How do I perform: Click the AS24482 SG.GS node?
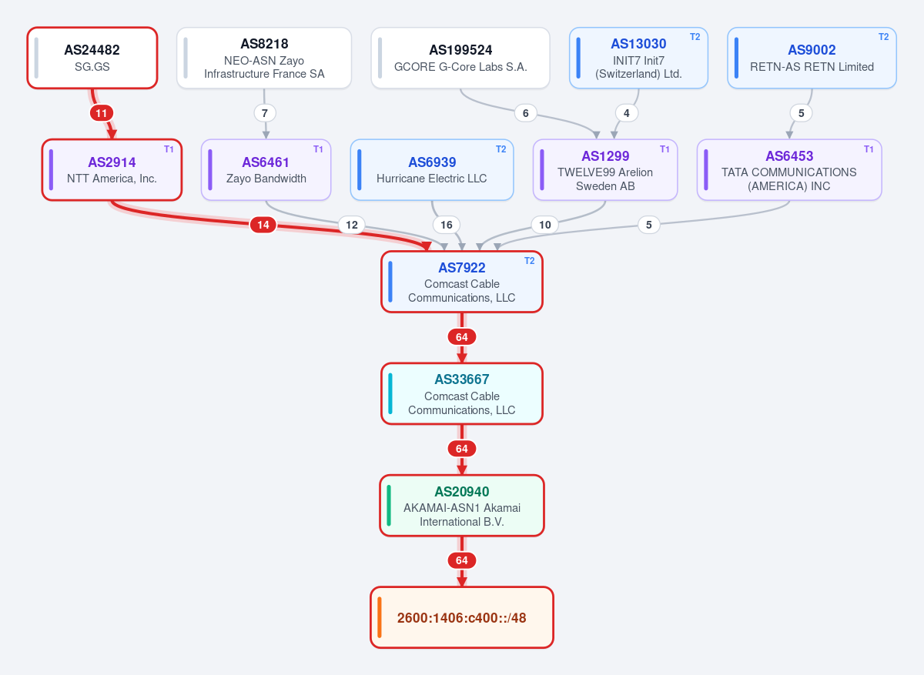pos(92,58)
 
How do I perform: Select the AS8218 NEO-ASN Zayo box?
pos(264,58)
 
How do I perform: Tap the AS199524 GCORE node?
pos(460,58)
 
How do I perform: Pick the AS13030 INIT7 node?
pos(638,58)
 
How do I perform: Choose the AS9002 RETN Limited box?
pos(812,58)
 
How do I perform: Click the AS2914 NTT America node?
pos(112,170)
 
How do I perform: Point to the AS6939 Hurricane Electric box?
pos(432,170)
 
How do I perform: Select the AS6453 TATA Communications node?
pos(789,170)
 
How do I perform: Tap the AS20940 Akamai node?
pos(462,506)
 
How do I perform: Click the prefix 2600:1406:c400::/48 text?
pos(461,618)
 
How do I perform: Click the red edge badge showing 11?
pos(102,113)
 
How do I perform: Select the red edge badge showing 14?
pos(263,225)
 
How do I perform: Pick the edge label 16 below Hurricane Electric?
pos(447,225)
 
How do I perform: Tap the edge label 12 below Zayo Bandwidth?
pos(352,225)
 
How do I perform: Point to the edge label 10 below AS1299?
pos(545,225)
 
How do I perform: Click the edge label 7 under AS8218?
pos(265,113)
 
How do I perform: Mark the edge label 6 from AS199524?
pos(525,113)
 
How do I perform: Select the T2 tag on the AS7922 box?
pos(529,261)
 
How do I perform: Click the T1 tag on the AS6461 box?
pos(318,149)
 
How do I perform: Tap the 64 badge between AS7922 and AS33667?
pos(462,337)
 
